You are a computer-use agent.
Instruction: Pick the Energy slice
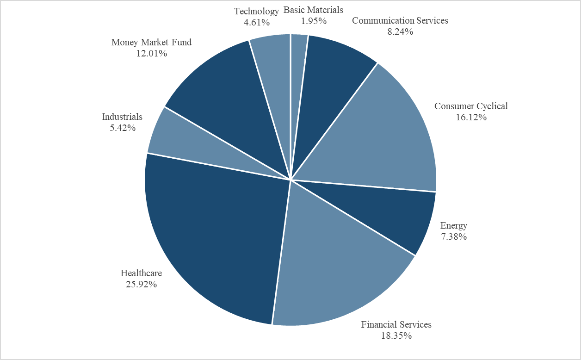point(393,213)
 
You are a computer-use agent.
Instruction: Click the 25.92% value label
point(141,285)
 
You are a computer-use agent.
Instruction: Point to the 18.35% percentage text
point(396,335)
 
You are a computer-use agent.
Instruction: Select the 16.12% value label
point(471,117)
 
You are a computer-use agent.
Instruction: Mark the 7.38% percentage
point(453,236)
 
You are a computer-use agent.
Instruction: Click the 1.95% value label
point(313,21)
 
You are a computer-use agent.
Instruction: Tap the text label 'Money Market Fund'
point(151,43)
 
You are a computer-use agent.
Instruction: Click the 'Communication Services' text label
point(400,21)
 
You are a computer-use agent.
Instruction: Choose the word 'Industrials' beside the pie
point(122,117)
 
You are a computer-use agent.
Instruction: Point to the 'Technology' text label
point(256,11)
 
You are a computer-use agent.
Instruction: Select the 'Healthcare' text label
point(141,273)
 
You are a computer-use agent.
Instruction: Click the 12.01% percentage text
point(151,54)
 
